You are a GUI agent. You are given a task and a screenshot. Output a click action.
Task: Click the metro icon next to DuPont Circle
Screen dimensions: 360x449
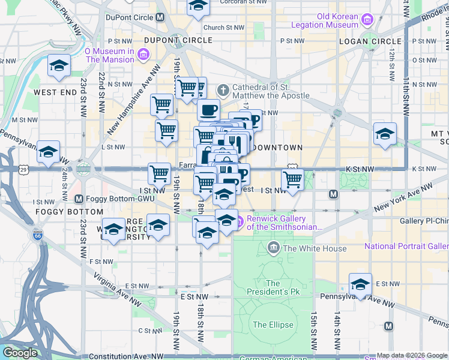[160, 17]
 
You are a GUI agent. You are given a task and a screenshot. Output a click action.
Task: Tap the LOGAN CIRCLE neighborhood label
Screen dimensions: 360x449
[370, 41]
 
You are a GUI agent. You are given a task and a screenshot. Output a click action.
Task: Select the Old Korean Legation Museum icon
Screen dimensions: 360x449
[367, 20]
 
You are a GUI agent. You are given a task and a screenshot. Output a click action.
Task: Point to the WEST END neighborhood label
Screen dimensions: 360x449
[55, 92]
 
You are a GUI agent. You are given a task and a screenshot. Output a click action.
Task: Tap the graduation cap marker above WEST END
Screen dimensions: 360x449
[59, 65]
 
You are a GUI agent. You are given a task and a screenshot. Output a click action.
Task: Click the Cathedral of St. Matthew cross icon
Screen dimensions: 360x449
[223, 91]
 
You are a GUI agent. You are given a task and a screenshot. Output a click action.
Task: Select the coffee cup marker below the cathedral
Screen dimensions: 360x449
[208, 110]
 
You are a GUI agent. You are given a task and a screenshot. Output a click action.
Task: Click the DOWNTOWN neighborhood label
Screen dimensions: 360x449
[277, 147]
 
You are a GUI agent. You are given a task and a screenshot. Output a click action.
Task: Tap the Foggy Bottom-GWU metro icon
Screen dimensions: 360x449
[78, 199]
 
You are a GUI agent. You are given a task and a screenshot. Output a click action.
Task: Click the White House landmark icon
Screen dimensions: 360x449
[274, 248]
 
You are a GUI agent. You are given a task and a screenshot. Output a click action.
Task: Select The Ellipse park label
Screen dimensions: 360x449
[273, 325]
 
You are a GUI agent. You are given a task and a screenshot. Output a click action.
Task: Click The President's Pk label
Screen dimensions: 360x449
[273, 287]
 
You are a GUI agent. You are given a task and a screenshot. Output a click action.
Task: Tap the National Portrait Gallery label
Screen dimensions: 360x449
[406, 246]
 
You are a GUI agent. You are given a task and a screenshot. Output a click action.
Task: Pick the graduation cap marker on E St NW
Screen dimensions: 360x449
[361, 284]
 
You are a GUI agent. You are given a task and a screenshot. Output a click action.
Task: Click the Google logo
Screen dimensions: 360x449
[20, 353]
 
